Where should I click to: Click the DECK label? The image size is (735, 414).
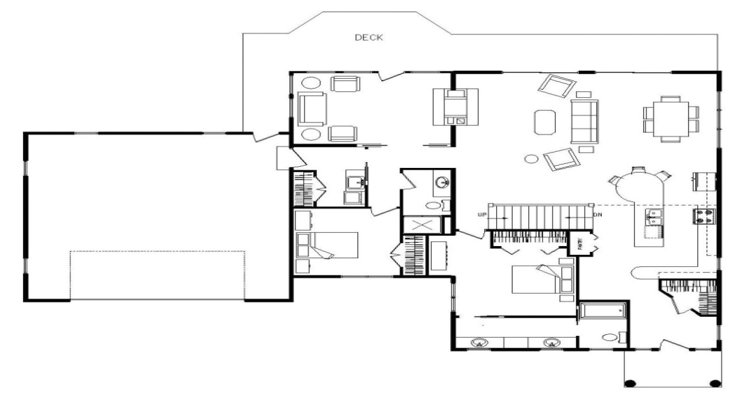point(369,38)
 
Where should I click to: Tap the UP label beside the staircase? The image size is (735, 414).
point(482,215)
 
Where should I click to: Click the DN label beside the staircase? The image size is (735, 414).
point(597,215)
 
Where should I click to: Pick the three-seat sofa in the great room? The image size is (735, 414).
point(585,121)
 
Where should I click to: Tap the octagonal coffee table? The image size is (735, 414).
point(545,122)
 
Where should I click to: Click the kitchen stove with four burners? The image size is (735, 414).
point(705,216)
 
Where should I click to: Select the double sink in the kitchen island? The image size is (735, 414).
point(655,217)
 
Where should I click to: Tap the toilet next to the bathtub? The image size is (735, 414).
point(611,338)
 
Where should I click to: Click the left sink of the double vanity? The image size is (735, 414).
point(478,343)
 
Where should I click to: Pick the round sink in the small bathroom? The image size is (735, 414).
point(442,183)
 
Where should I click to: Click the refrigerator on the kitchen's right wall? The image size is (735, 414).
point(704,181)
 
